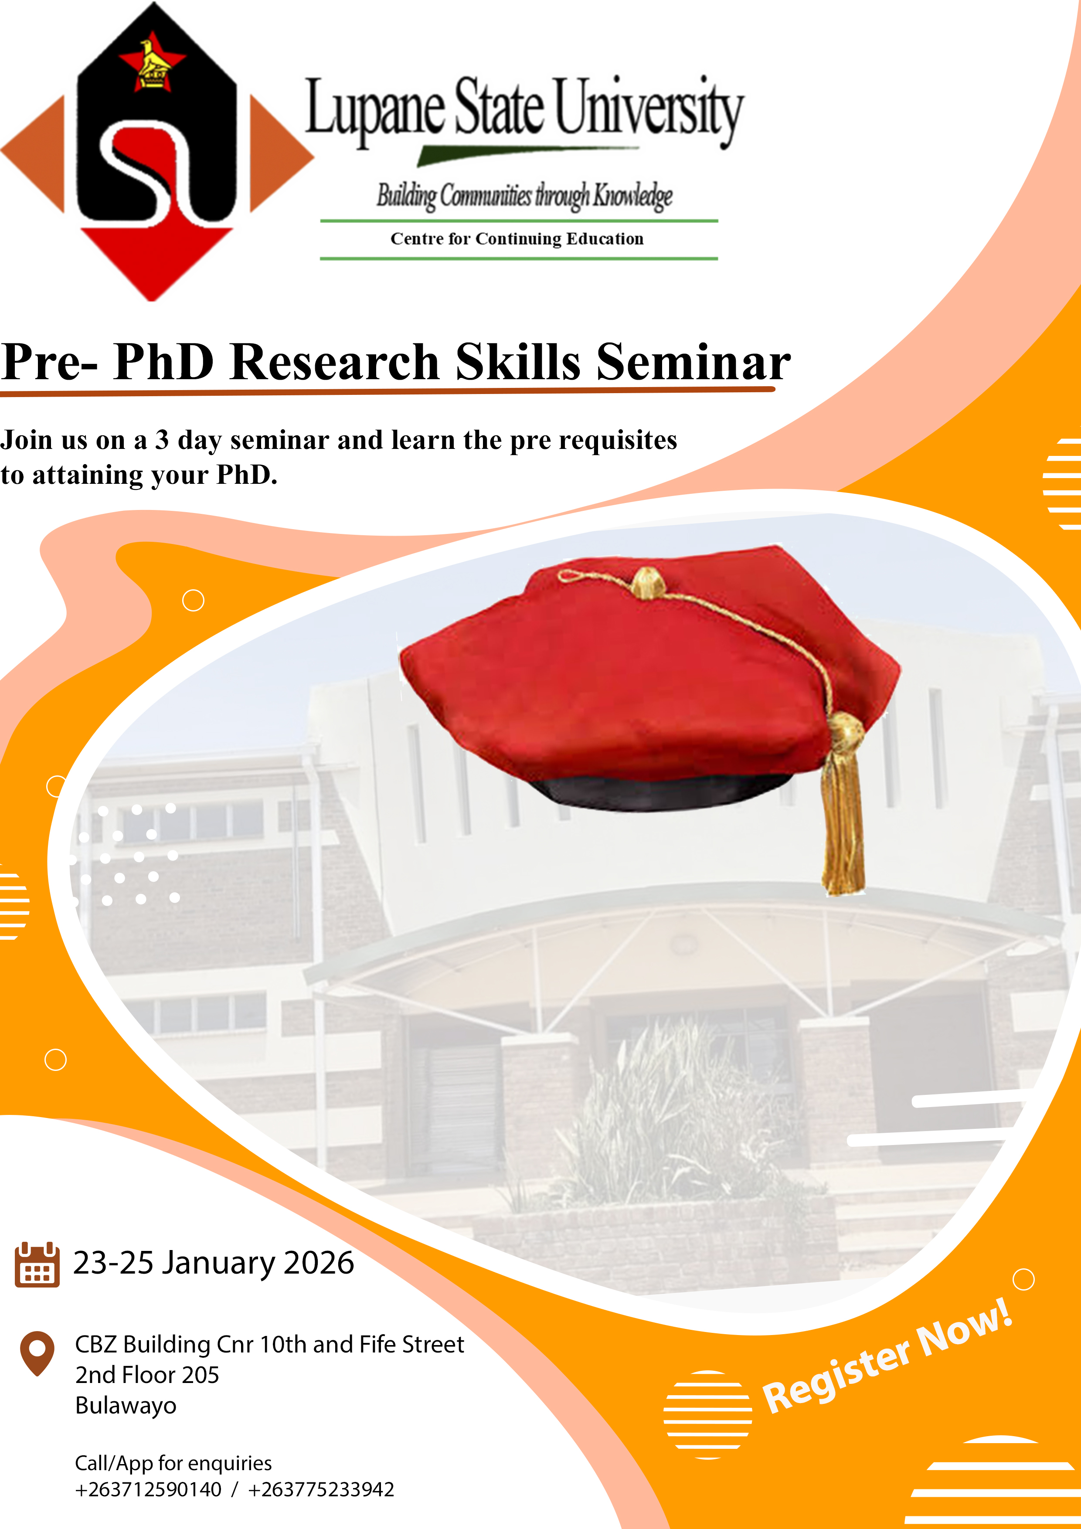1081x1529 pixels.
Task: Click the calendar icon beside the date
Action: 37,1264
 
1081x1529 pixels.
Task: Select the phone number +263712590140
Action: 148,1489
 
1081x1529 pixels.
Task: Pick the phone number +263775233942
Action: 321,1489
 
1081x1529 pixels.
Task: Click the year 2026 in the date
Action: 318,1263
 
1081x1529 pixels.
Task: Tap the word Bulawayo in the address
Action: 126,1405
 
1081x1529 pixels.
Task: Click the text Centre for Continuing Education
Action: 517,238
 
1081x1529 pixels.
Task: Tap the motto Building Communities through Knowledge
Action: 524,196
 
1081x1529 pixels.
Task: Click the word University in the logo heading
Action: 647,109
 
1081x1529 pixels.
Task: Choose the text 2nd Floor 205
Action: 147,1375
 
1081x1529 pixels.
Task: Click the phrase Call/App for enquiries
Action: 173,1463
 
